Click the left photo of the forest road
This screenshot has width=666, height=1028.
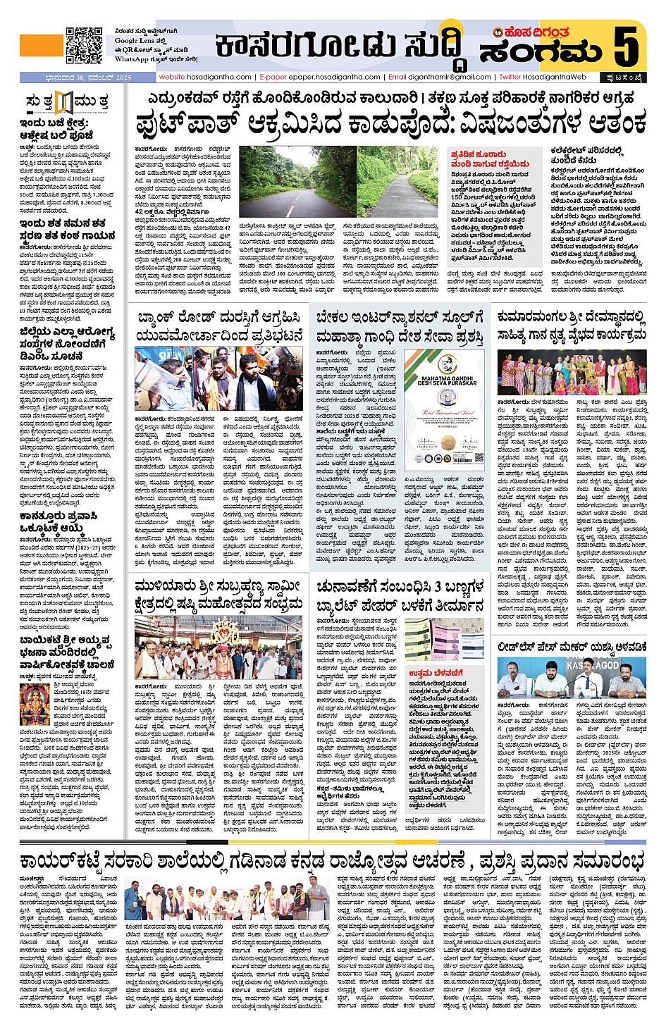point(296,182)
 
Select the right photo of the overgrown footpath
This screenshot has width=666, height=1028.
point(400,182)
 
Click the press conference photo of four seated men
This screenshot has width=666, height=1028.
point(571,679)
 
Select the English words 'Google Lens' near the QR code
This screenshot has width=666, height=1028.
point(137,41)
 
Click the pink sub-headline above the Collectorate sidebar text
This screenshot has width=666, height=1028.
point(478,159)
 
